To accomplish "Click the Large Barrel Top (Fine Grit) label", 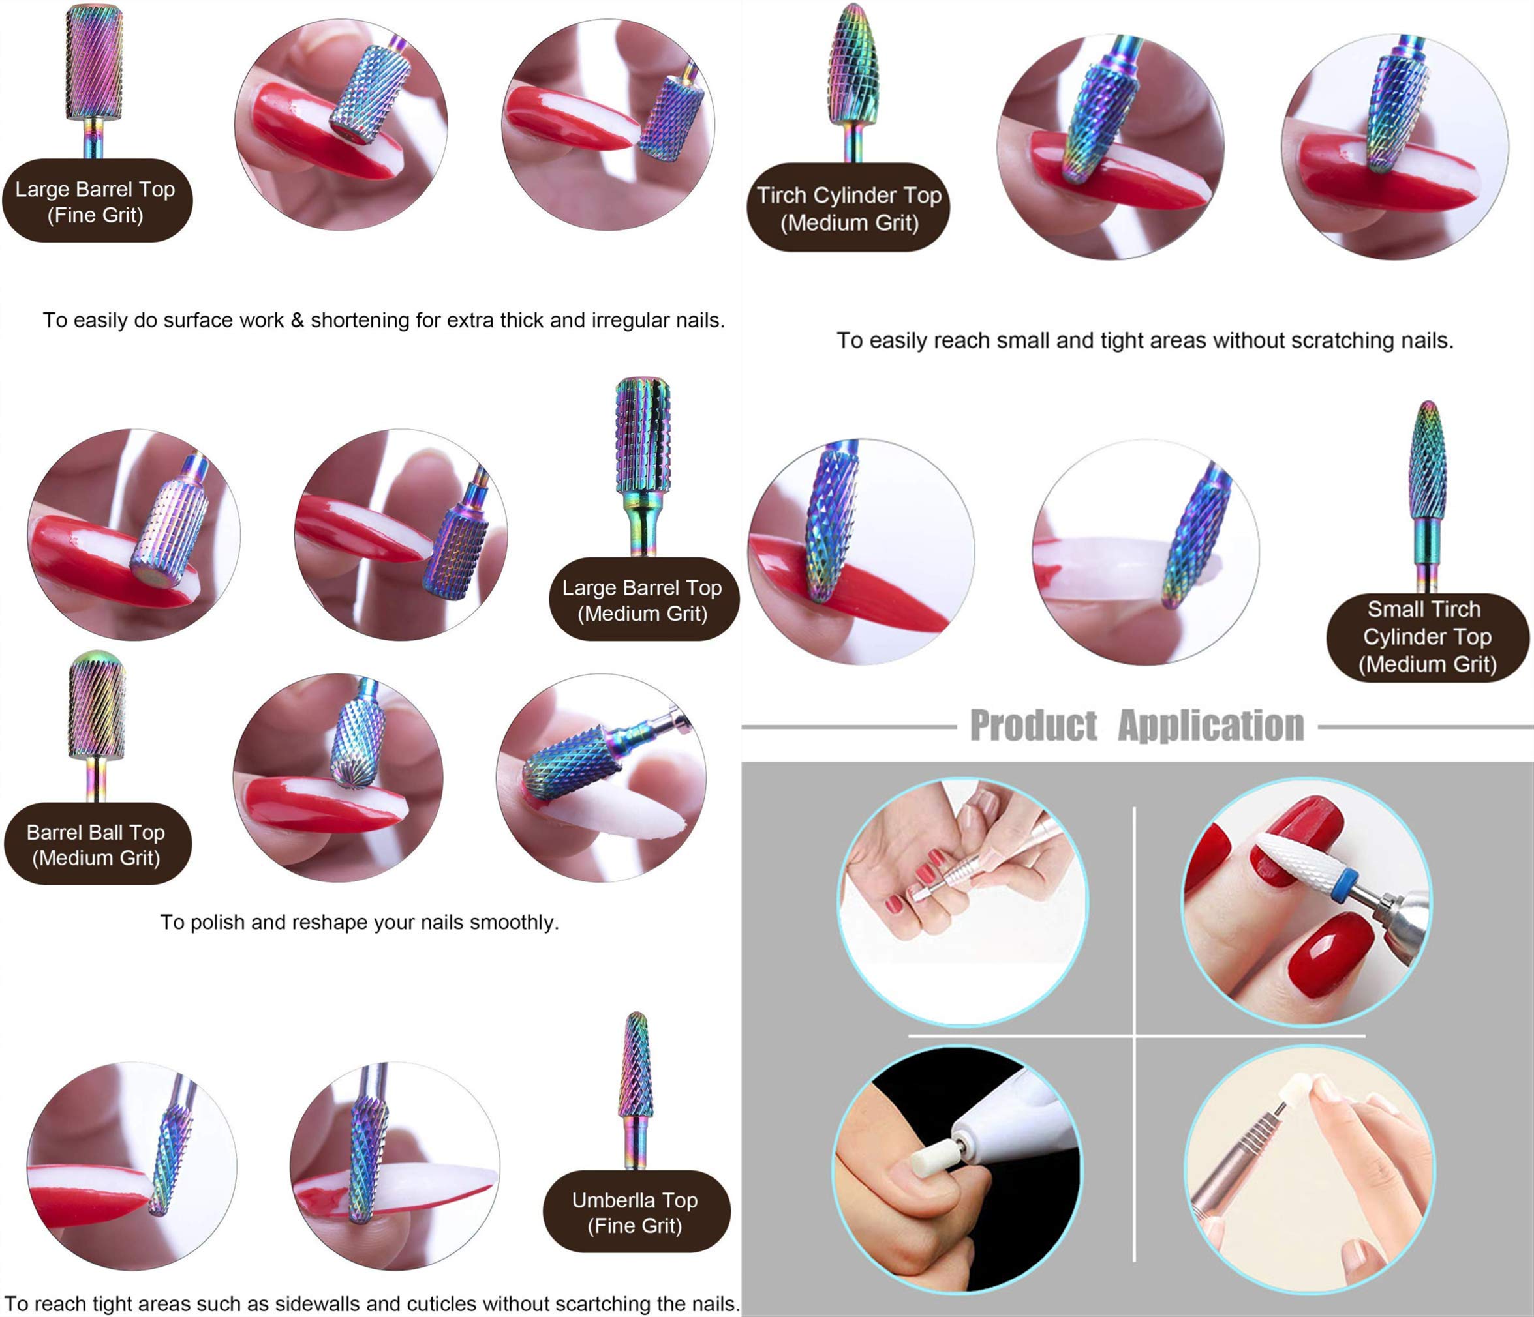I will (97, 201).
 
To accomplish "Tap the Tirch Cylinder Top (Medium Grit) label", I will (848, 208).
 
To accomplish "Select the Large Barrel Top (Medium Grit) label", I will (642, 600).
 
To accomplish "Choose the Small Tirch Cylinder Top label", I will (1426, 636).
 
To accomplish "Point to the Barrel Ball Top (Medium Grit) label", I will (97, 844).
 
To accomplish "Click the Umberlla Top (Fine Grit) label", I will (636, 1212).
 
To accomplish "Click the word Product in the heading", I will (1034, 725).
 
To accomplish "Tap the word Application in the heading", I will (1210, 725).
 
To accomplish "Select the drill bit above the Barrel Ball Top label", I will (97, 707).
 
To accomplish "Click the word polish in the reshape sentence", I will (215, 923).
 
